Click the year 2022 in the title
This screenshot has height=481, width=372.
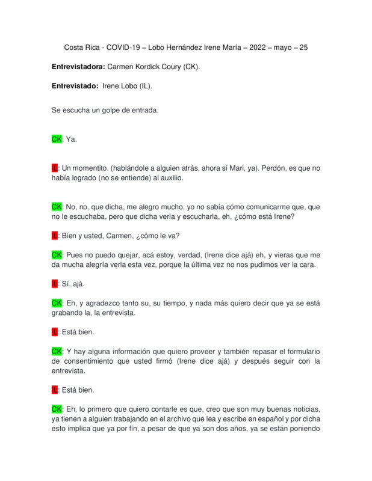point(257,47)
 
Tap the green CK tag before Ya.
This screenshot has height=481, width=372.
point(57,139)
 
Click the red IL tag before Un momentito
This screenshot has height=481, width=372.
point(55,168)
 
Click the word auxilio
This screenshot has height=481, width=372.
point(169,178)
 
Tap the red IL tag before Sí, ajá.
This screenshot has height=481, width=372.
point(55,283)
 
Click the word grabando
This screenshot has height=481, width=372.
point(69,312)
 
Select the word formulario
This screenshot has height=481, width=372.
point(300,351)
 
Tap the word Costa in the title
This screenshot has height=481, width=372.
point(75,47)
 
